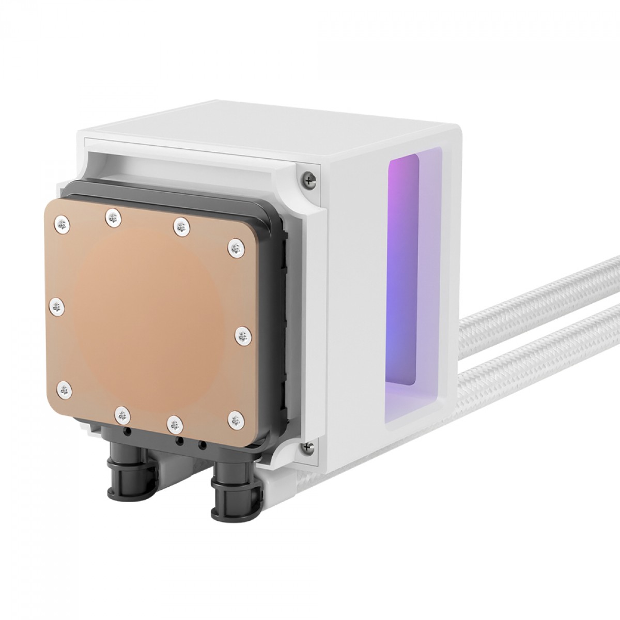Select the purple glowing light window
click(403, 269)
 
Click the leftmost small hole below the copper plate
click(126, 429)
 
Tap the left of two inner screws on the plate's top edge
click(112, 218)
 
